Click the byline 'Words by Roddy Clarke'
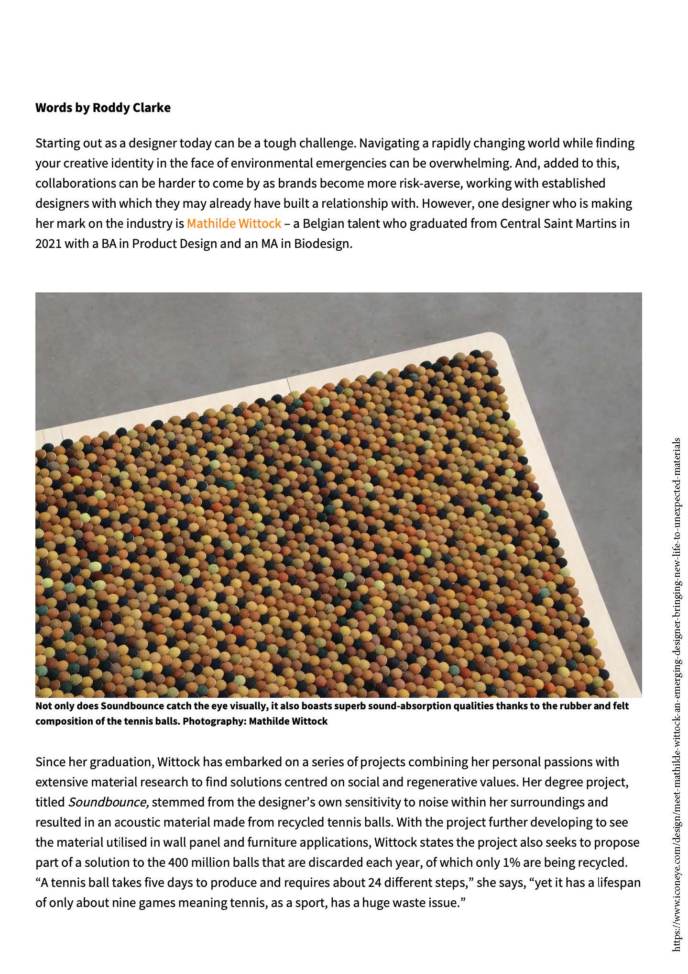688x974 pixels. coord(103,108)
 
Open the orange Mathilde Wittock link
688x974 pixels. coord(234,224)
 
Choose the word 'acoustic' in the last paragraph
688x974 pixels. coord(125,822)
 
